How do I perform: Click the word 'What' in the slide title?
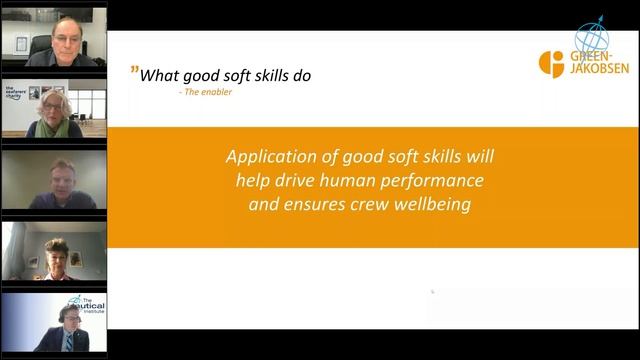[158, 75]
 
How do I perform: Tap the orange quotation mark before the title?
[134, 72]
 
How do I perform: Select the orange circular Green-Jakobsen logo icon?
[551, 63]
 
